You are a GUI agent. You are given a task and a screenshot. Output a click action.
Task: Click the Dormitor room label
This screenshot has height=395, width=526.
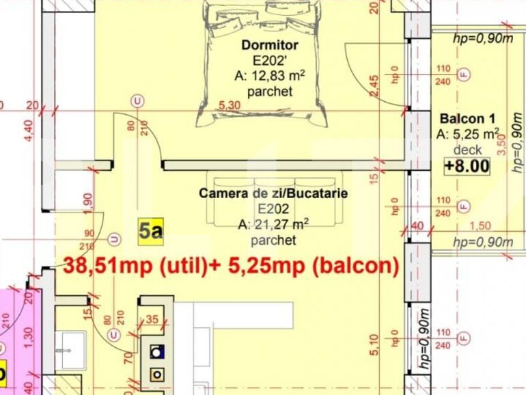pos(270,45)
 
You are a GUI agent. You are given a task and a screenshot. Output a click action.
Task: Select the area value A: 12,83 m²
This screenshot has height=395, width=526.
pos(270,75)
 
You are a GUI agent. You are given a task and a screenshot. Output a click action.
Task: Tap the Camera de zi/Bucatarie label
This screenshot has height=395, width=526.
pos(273,193)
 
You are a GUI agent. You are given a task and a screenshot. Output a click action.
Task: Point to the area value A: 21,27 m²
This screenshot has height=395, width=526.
pos(273,224)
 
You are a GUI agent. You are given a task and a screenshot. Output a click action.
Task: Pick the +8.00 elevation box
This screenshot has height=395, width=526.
pos(467,165)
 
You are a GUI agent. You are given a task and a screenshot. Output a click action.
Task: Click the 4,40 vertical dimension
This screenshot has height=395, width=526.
pos(28,130)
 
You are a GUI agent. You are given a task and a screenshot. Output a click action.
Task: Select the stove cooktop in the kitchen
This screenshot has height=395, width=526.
pos(158,363)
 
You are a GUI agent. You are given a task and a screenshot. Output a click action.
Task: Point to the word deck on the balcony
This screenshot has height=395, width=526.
pos(467,150)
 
